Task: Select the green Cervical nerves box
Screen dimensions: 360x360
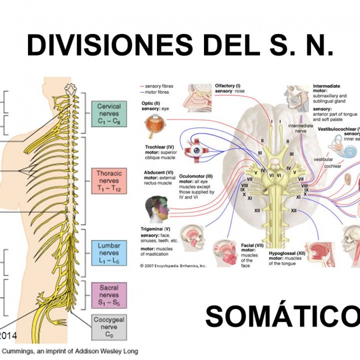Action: pos(109,114)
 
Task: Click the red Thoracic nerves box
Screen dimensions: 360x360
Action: pos(109,181)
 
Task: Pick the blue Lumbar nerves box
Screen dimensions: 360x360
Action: pos(109,252)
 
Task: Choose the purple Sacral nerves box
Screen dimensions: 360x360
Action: pos(109,294)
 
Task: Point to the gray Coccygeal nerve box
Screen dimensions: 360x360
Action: pos(109,327)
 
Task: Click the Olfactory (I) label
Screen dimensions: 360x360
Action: pos(227,85)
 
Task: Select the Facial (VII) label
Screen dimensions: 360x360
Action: pos(252,246)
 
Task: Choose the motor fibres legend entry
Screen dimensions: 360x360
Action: pos(155,92)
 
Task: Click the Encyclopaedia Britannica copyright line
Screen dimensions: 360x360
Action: pos(173,266)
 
